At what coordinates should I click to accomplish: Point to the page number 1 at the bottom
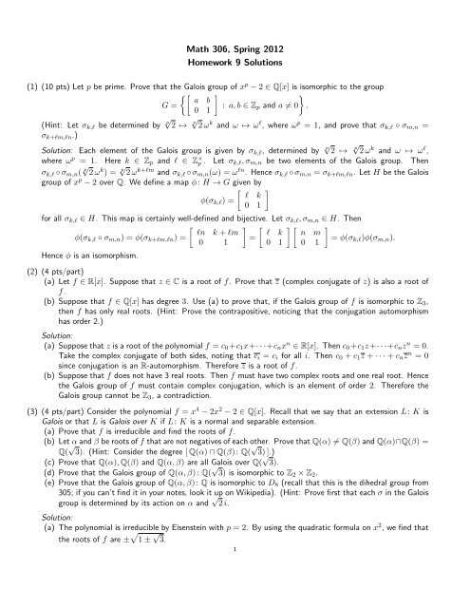pos(235,599)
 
